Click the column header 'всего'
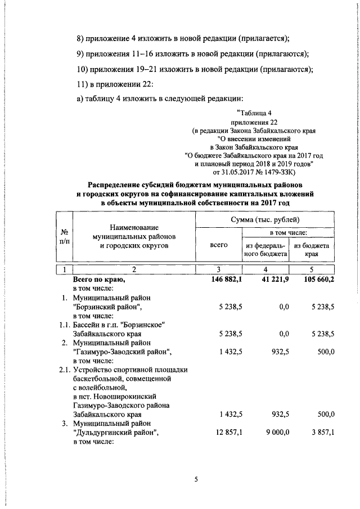(x=218, y=245)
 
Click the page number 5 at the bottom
(x=196, y=479)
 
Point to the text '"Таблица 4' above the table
(x=251, y=112)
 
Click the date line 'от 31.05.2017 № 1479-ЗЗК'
(x=250, y=172)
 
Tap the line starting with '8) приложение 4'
(x=183, y=38)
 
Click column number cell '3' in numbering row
(x=218, y=269)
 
